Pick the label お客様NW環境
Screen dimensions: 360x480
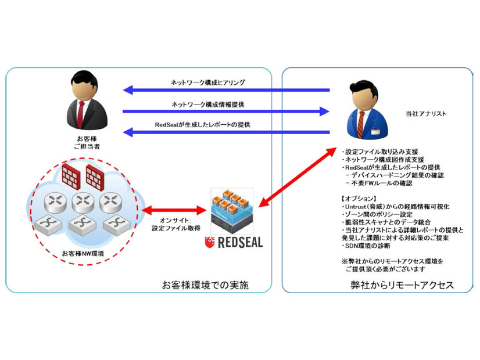pos(81,254)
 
